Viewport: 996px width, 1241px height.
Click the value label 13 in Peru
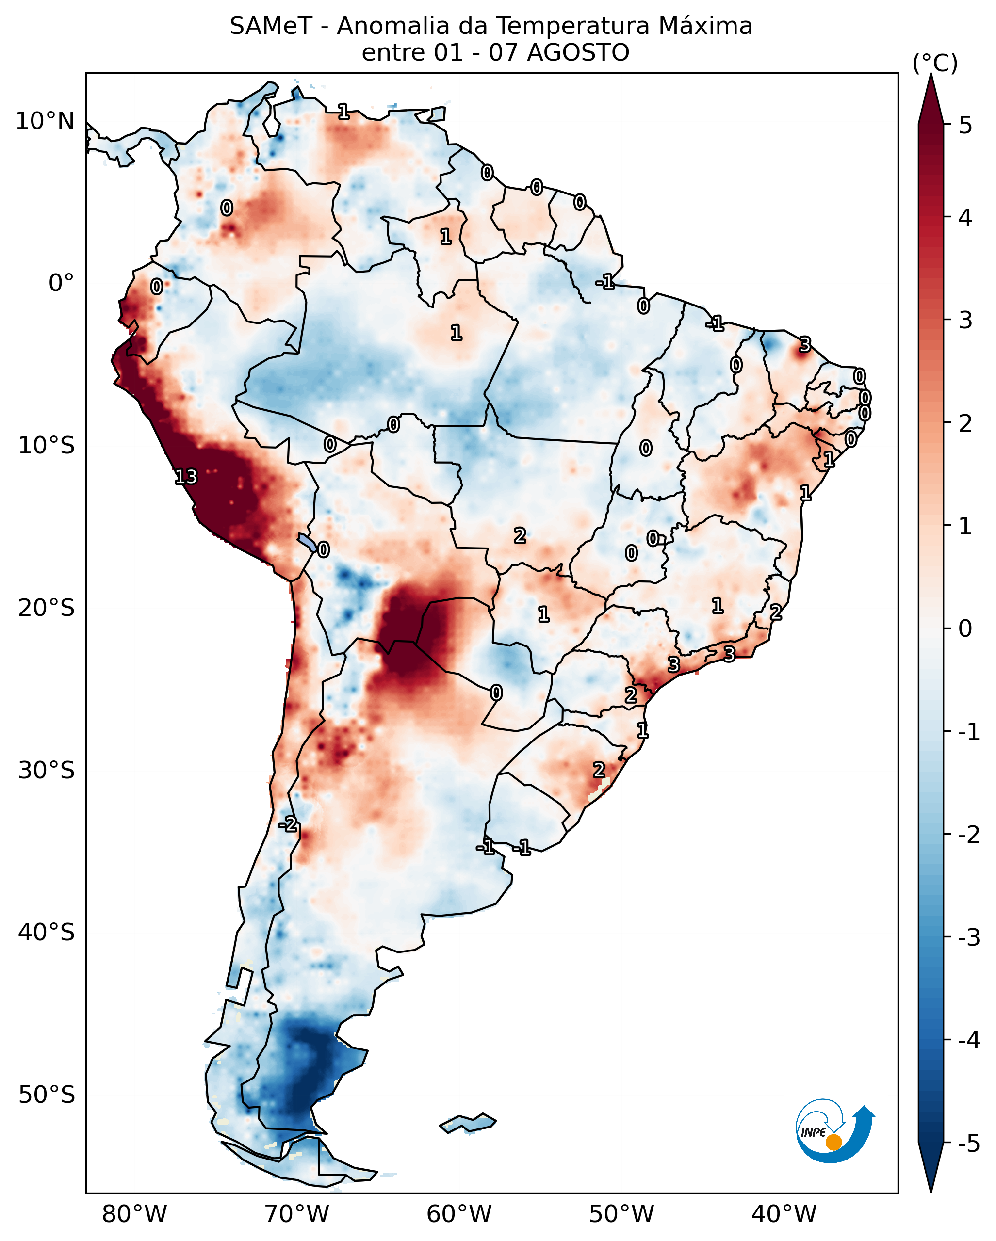186,477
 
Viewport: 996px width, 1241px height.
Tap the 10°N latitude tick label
45,121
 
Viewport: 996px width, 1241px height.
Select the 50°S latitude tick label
46,1095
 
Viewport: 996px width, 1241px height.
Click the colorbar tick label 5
965,125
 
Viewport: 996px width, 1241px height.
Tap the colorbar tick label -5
969,1144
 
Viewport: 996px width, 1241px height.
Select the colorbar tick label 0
965,628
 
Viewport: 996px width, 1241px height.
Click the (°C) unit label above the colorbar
935,64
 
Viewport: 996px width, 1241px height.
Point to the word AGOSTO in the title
578,53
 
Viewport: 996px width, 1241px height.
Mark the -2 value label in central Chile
288,824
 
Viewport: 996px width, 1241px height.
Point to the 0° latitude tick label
61,283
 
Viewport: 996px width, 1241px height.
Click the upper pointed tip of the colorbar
931,74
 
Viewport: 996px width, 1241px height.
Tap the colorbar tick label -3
969,937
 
